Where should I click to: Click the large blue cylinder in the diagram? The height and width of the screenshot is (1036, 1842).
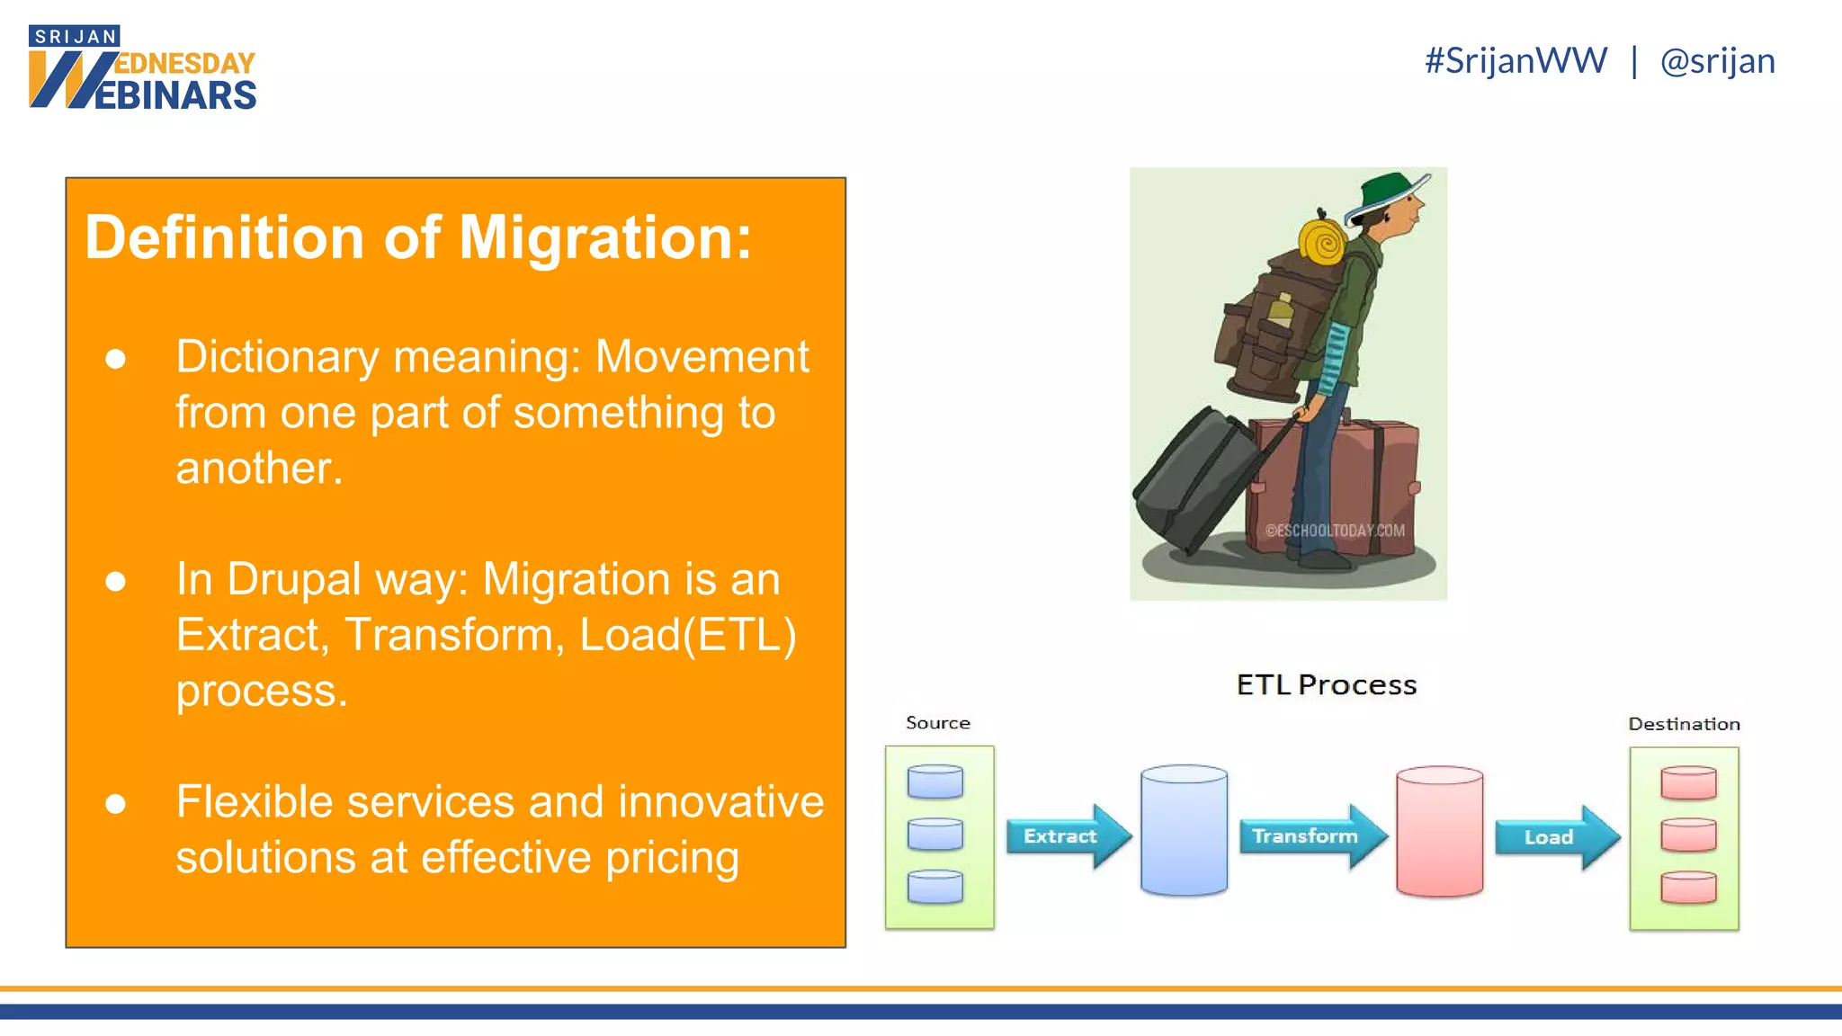tap(1184, 831)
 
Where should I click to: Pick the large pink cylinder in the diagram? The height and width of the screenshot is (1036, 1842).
tap(1439, 832)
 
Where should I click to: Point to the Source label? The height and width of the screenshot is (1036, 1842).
tap(937, 723)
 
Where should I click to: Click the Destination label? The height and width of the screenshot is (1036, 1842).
tap(1684, 724)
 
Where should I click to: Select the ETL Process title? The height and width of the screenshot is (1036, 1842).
tap(1326, 685)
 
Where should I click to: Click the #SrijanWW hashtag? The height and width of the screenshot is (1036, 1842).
tap(1516, 61)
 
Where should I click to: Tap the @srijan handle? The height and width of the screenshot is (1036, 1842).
tap(1717, 61)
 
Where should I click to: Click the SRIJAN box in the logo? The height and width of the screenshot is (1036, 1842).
tap(75, 36)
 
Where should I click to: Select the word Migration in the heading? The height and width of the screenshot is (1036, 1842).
tap(604, 238)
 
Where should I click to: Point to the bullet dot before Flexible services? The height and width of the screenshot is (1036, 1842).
tap(115, 803)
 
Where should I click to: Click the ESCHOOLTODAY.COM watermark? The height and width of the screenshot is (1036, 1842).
tap(1335, 531)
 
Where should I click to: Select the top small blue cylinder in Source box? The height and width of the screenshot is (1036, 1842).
tap(935, 781)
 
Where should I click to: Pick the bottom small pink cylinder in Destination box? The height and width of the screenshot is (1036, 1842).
tap(1688, 888)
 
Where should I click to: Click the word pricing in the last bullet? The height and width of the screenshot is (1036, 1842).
tap(672, 858)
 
